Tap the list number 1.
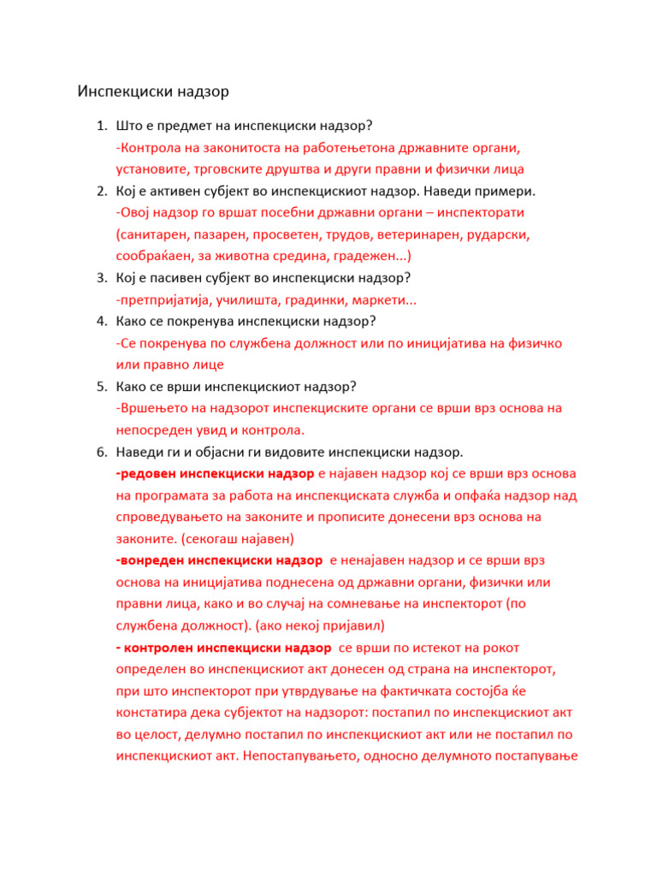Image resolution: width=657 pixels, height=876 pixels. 99,127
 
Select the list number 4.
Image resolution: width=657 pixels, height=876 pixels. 99,322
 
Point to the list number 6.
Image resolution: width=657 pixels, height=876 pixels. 99,451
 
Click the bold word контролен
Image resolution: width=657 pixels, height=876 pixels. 160,647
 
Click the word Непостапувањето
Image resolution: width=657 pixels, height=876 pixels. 305,755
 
